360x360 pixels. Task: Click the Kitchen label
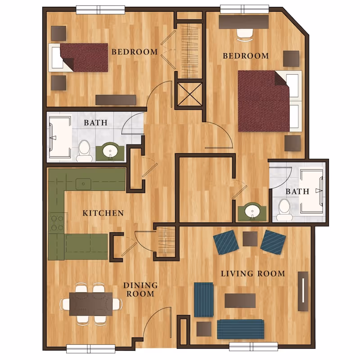(x=103, y=213)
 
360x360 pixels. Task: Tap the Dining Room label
(x=141, y=289)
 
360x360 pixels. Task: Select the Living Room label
(x=252, y=274)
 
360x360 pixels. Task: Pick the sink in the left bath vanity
(x=109, y=152)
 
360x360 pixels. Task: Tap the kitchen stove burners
(x=57, y=223)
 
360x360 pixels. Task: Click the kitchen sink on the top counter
(x=83, y=183)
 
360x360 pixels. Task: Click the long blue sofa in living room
(x=240, y=329)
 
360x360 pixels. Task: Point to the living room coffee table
(x=240, y=301)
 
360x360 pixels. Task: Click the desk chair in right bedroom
(x=245, y=33)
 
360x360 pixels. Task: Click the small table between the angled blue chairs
(x=250, y=238)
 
